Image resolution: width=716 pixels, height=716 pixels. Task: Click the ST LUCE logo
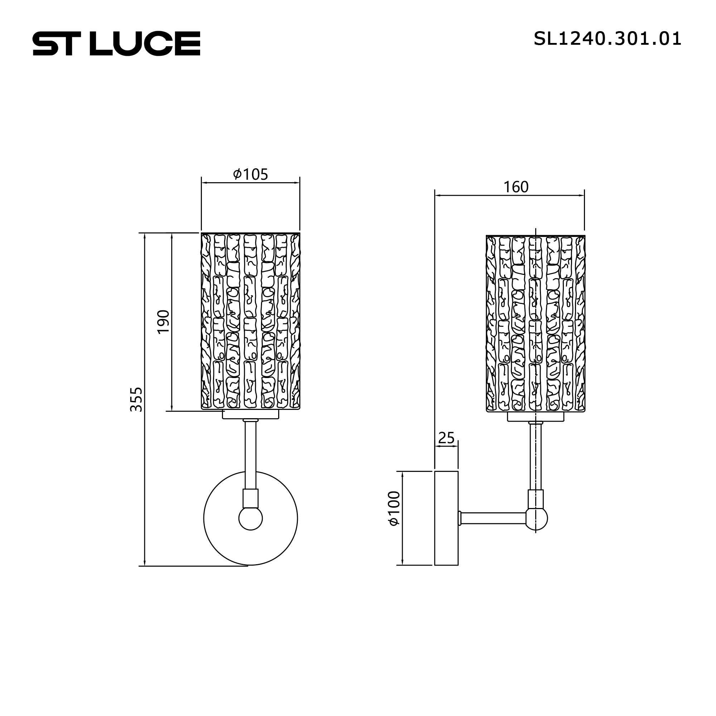point(116,43)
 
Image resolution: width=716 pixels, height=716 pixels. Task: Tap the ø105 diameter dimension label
point(250,174)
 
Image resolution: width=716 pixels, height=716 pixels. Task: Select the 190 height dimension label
point(164,322)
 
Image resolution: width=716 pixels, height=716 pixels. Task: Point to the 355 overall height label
point(136,400)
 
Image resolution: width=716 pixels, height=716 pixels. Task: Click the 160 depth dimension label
point(516,187)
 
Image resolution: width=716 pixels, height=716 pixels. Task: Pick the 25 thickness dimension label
point(446,438)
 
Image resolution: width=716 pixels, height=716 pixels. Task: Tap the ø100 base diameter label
point(393,508)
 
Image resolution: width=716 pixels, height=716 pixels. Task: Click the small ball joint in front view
point(251,518)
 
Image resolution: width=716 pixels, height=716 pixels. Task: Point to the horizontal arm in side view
point(493,518)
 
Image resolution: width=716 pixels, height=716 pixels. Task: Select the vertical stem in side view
point(536,456)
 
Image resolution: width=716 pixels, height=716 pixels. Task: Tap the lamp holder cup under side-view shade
point(536,417)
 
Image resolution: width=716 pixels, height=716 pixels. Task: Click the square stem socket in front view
point(251,498)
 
